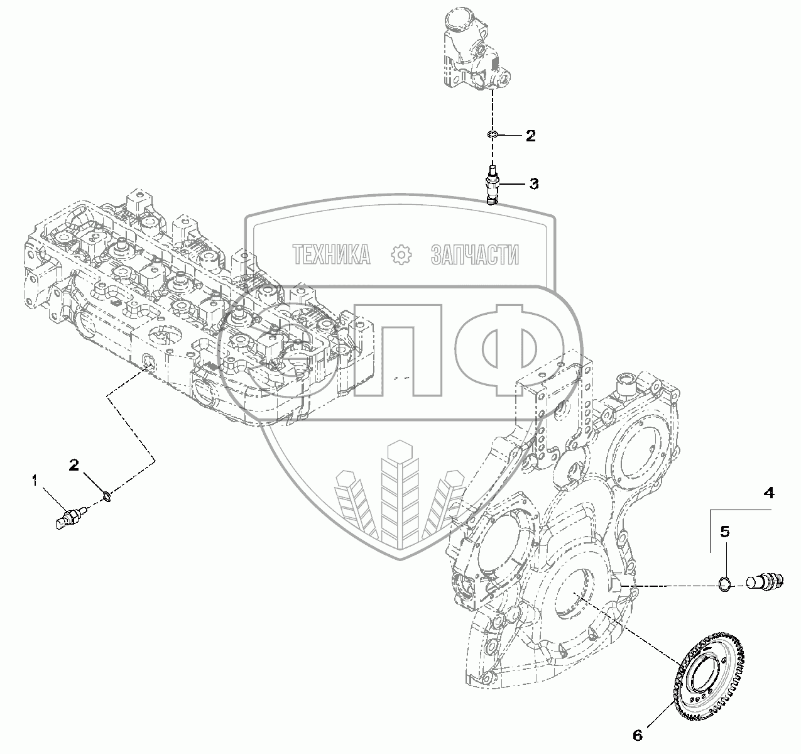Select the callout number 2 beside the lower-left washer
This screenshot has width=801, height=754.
click(x=74, y=466)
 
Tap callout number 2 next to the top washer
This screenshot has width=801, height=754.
click(x=531, y=135)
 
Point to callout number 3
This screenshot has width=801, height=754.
click(x=533, y=183)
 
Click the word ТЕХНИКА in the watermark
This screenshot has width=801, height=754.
click(x=331, y=254)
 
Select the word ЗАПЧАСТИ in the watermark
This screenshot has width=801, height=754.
click(x=475, y=254)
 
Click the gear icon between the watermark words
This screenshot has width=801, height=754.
click(x=401, y=254)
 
